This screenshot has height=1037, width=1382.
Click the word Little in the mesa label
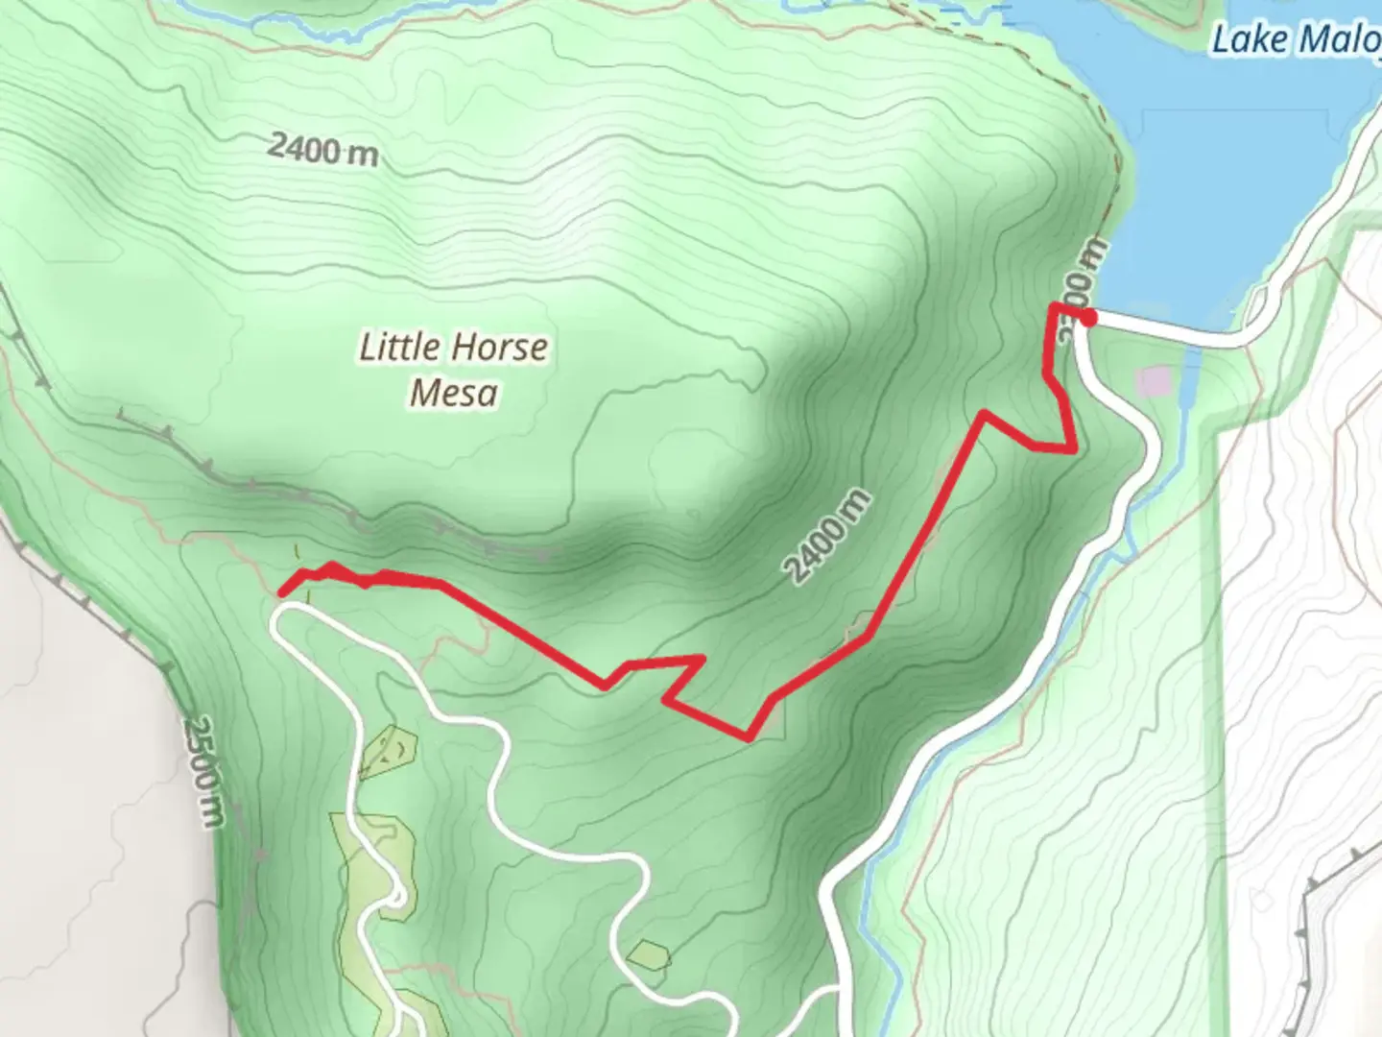(399, 347)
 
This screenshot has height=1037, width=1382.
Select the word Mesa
(453, 393)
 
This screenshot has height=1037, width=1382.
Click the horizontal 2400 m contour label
(322, 150)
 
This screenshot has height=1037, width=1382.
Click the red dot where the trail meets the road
(1088, 318)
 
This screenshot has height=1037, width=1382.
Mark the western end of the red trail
(283, 591)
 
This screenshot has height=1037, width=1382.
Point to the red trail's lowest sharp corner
(749, 737)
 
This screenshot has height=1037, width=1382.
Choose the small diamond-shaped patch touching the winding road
(650, 954)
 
